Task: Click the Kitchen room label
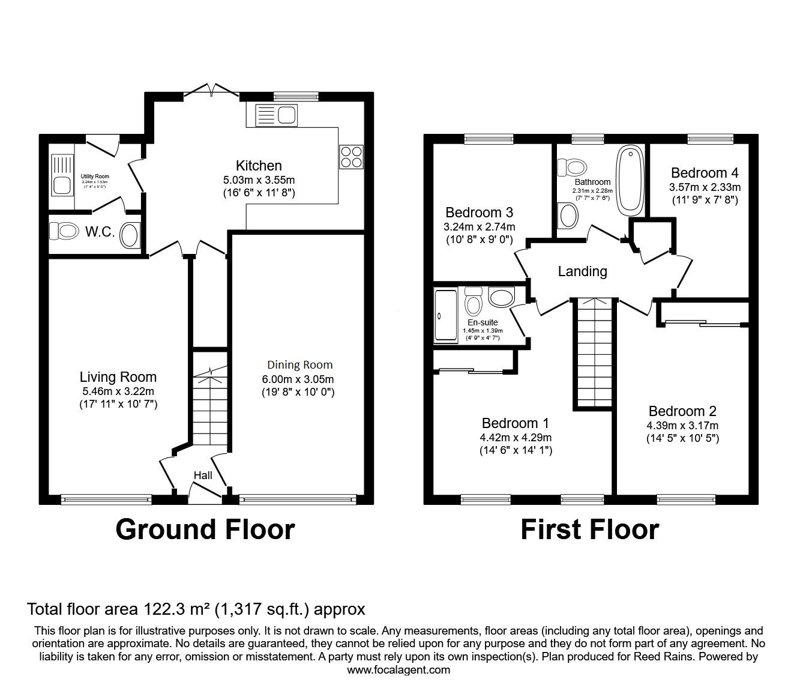click(x=259, y=166)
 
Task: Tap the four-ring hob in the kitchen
click(x=351, y=157)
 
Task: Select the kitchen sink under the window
click(x=271, y=115)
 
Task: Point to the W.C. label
click(x=100, y=232)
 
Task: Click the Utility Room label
click(x=95, y=177)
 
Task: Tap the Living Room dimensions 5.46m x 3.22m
click(x=118, y=391)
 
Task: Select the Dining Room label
click(x=299, y=365)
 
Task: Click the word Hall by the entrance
click(x=203, y=475)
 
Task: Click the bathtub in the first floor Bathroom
click(x=630, y=181)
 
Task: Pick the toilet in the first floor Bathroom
click(x=573, y=167)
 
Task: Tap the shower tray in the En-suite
click(x=446, y=316)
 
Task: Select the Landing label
click(x=582, y=271)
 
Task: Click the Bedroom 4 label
click(x=705, y=173)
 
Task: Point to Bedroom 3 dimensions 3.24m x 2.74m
click(x=480, y=227)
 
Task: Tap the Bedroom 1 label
click(x=515, y=423)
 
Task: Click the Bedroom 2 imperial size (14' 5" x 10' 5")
click(x=682, y=438)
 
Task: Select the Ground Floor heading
click(x=205, y=530)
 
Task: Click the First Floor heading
click(x=589, y=530)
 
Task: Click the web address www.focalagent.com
click(x=398, y=670)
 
